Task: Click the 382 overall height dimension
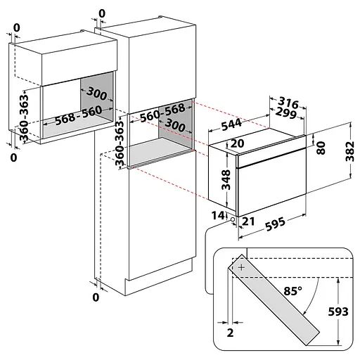tap(349, 151)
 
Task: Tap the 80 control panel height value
tap(321, 148)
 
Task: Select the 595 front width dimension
tap(275, 224)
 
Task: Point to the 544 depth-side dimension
tap(231, 124)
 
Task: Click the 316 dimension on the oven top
tap(288, 103)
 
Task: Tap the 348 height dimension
tap(226, 179)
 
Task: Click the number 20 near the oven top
tap(237, 143)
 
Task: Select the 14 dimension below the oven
tap(218, 215)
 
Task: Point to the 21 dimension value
tap(248, 221)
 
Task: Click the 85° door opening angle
tap(292, 291)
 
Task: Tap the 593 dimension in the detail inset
tap(338, 311)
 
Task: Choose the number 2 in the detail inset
tap(230, 333)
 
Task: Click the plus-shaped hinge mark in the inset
tap(241, 267)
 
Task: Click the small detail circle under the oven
tap(233, 219)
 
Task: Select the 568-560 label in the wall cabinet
tap(79, 115)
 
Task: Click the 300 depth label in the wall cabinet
tap(96, 94)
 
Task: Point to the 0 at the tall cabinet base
tap(96, 297)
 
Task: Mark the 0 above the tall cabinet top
tap(102, 14)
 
